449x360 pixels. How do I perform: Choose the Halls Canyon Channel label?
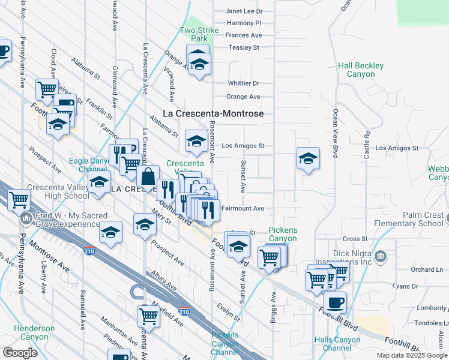pos(337,344)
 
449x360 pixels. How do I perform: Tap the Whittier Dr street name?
pos(243,83)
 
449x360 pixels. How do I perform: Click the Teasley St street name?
pos(243,47)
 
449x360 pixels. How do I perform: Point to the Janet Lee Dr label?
pos(244,11)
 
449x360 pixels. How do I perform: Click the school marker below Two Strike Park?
pos(199,62)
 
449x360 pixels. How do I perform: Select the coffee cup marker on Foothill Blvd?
pos(335,301)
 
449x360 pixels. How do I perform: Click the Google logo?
pos(20,353)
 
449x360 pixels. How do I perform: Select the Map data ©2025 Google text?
pos(411,355)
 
